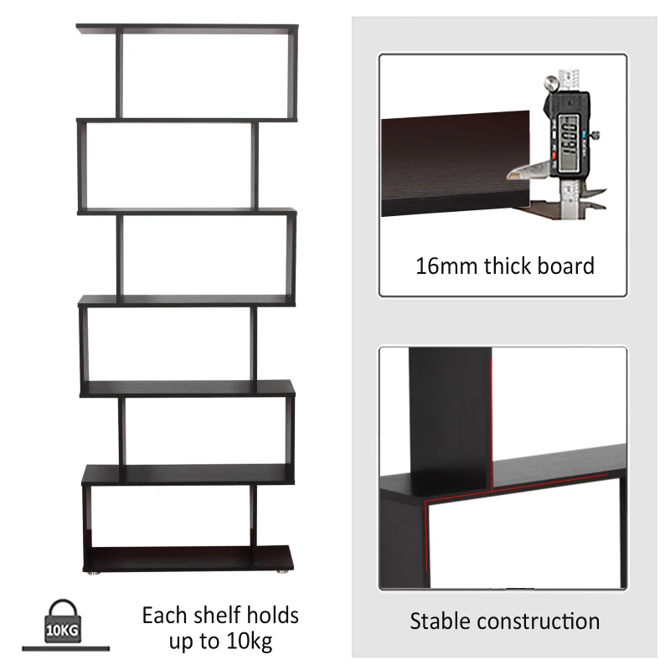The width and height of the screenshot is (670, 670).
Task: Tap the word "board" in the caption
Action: tap(568, 266)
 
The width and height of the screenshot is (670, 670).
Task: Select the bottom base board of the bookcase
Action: tap(190, 557)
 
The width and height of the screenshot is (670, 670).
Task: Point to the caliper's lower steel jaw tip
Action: tap(513, 174)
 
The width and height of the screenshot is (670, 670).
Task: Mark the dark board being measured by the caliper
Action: tap(452, 163)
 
